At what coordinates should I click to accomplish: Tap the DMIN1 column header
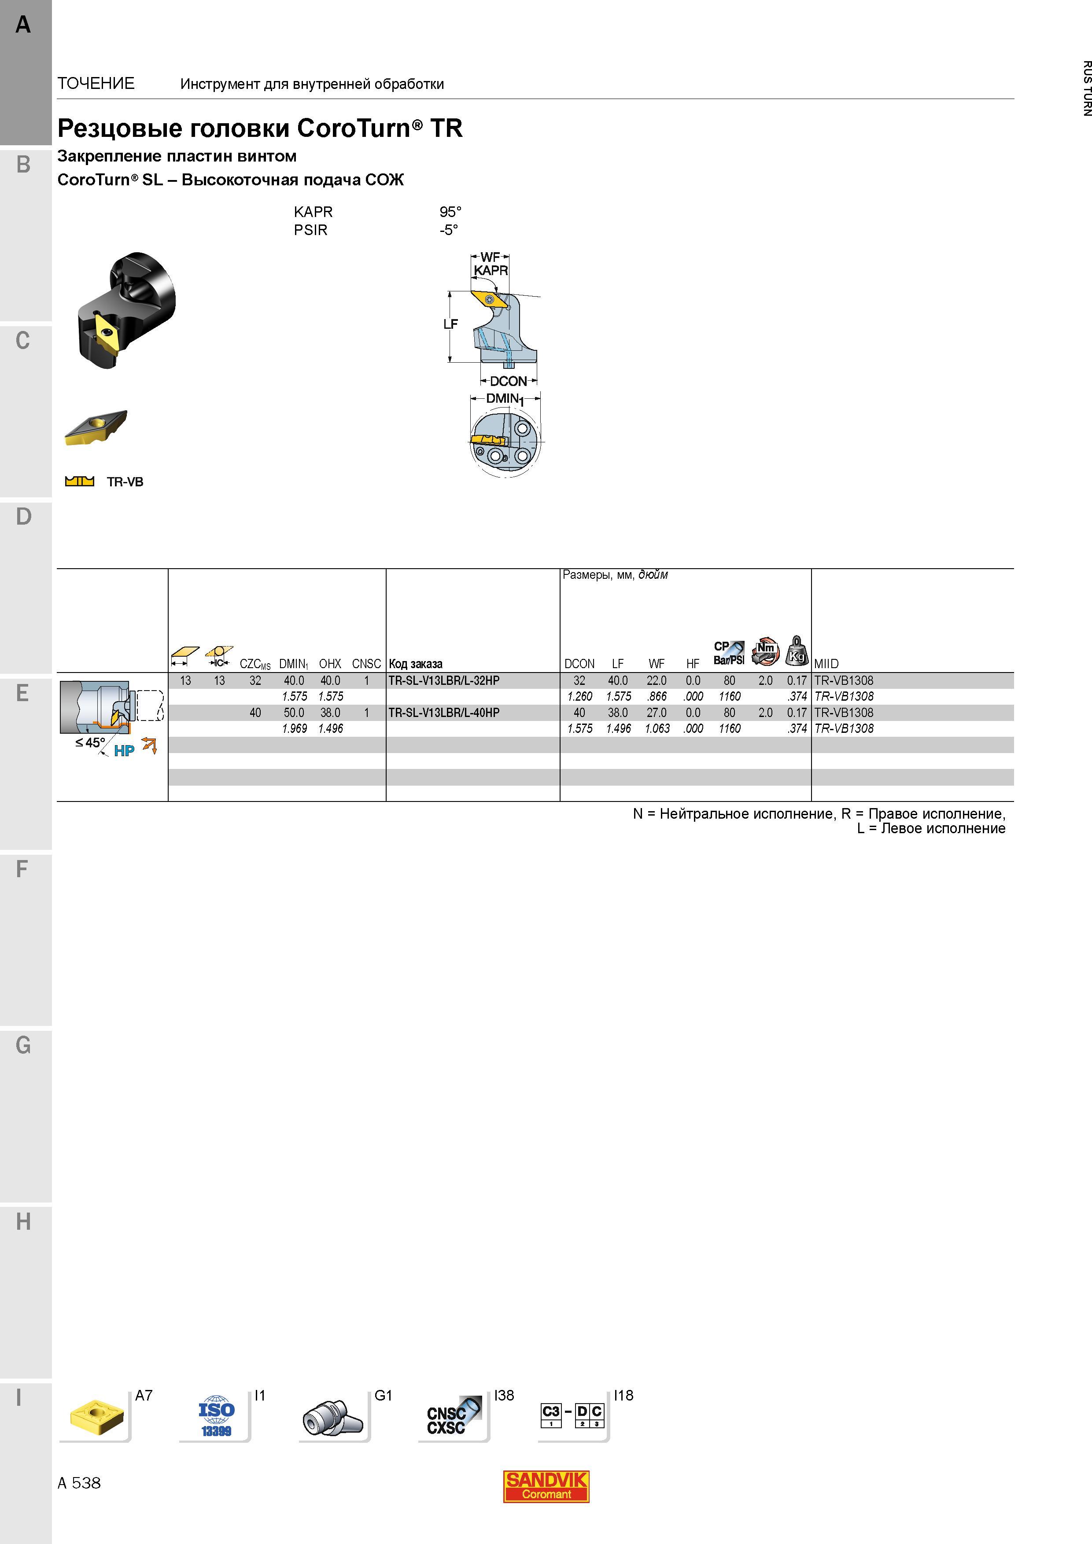pyautogui.click(x=293, y=664)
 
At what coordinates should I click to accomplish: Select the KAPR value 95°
pyautogui.click(x=450, y=212)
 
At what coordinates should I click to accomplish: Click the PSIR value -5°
pyautogui.click(x=449, y=230)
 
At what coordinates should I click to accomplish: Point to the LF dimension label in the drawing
pyautogui.click(x=450, y=324)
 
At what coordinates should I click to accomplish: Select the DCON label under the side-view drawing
pyautogui.click(x=508, y=381)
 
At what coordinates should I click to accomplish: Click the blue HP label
pyautogui.click(x=124, y=751)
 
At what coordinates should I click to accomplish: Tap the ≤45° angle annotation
pyautogui.click(x=90, y=743)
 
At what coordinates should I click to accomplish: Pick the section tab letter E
pyautogui.click(x=23, y=693)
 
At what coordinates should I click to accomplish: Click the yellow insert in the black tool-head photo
pyautogui.click(x=107, y=333)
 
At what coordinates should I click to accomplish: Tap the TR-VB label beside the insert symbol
pyautogui.click(x=125, y=482)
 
